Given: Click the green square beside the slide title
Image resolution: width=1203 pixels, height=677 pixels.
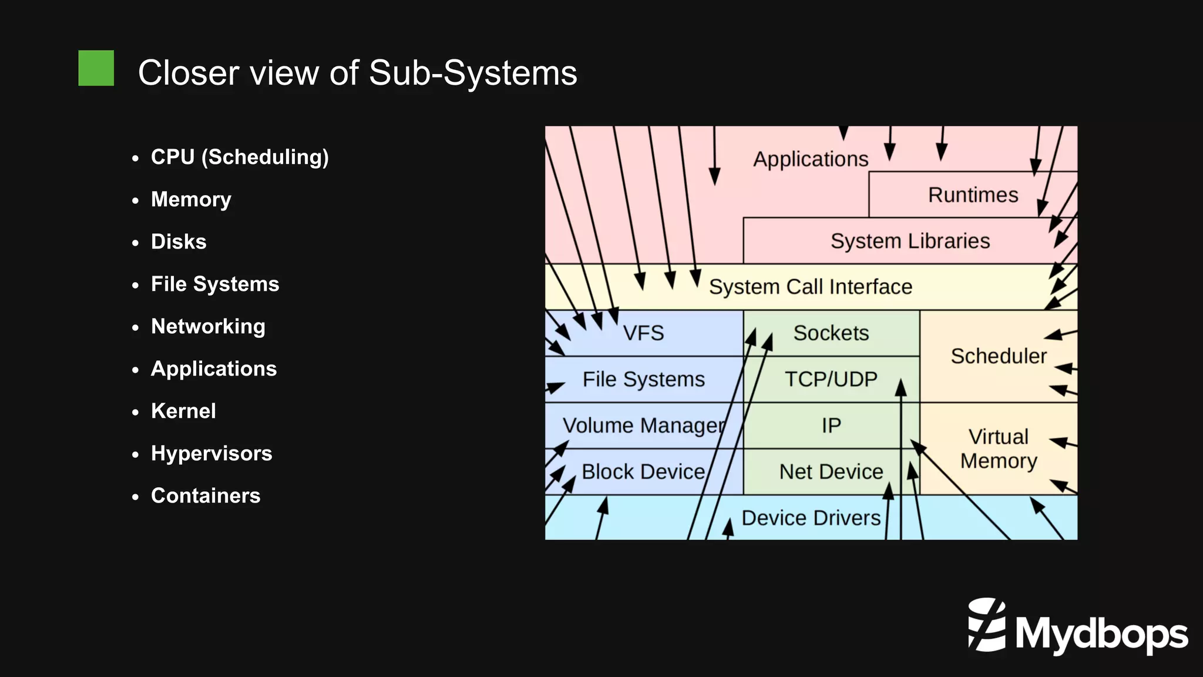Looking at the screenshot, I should [96, 68].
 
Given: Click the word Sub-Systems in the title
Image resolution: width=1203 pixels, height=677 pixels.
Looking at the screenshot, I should [472, 73].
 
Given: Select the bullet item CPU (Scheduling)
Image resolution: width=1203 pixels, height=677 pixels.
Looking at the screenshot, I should [240, 157].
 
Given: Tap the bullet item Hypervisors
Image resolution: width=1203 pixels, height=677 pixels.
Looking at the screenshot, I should [211, 453].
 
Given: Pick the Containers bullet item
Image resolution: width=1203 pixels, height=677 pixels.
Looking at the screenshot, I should [206, 495].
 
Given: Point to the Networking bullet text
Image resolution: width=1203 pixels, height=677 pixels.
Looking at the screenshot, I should [208, 326].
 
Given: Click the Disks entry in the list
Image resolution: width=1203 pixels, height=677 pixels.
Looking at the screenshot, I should [179, 242].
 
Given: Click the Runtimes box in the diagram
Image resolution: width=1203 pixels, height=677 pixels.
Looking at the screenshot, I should [973, 195].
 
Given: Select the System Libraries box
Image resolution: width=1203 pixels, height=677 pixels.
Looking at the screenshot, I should [909, 241].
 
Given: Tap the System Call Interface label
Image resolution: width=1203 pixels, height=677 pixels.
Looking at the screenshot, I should [810, 287].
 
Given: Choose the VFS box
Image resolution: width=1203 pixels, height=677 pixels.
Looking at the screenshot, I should [643, 333].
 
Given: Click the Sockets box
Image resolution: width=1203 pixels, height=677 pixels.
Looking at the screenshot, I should [831, 333].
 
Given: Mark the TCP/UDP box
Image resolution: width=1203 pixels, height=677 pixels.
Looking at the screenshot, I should [831, 379].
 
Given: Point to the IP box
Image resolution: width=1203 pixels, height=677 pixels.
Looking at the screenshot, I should [831, 425].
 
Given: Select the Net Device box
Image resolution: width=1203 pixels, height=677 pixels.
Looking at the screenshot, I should [831, 471].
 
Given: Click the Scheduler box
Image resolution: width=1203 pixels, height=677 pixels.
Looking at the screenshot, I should [998, 356].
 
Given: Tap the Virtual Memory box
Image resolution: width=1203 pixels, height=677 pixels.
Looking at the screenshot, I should [998, 448].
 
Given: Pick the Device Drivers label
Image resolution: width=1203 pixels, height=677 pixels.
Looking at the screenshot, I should [811, 518].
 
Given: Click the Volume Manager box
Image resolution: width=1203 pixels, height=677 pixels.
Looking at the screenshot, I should [643, 425].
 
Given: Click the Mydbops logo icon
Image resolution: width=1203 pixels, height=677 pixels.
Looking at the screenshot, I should [987, 625].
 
